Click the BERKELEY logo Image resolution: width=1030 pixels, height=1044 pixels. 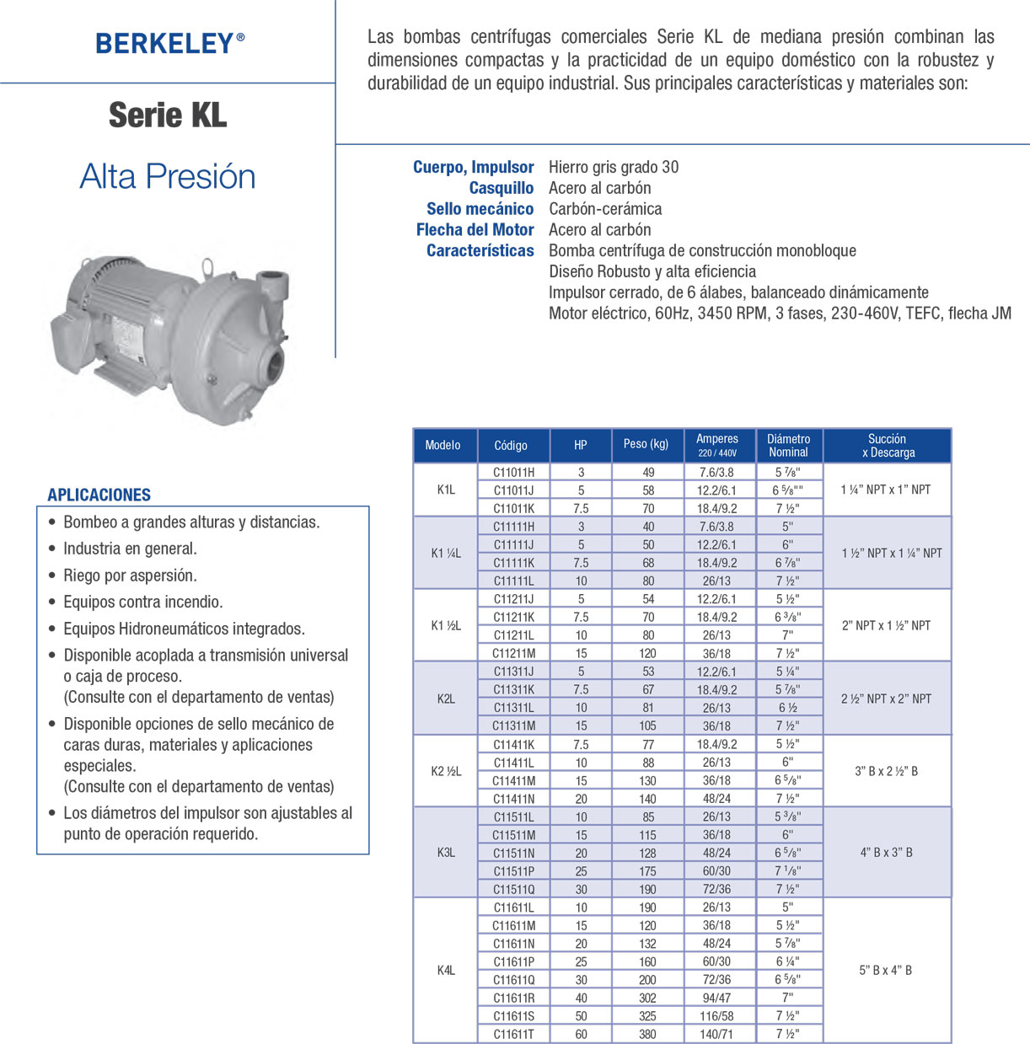coord(169,44)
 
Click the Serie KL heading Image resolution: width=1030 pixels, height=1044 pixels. coord(168,115)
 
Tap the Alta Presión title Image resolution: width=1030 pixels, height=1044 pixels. coord(168,177)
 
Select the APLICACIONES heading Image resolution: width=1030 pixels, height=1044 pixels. coord(99,495)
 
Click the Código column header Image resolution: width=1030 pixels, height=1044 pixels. coord(511,445)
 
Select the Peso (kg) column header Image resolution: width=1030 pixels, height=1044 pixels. coord(646,444)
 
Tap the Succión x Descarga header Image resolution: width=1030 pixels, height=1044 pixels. coord(888,445)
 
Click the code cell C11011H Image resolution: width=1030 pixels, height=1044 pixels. coord(513,472)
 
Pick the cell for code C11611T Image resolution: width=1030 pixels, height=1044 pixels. coord(513,1034)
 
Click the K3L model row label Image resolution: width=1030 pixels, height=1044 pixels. coord(446,853)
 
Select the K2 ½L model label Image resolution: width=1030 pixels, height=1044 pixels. coord(446,771)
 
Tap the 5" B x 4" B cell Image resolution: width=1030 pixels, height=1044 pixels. coord(885,971)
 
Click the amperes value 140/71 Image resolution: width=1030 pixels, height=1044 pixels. coord(716,1034)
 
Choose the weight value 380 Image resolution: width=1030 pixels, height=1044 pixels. coord(647,1034)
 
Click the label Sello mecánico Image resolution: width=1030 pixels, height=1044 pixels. coord(480,209)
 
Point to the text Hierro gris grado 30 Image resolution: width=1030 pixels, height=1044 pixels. coord(614,167)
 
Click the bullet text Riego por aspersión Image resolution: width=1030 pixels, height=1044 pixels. coord(130,576)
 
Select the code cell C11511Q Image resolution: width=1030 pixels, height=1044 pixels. coord(513,889)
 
